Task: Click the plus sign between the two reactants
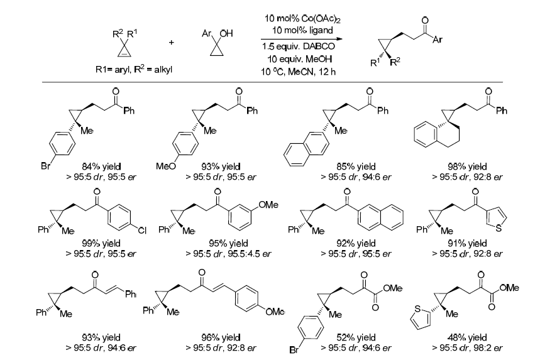[x=171, y=42]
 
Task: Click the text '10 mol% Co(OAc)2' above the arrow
[x=302, y=19]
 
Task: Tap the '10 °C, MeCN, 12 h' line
[x=298, y=72]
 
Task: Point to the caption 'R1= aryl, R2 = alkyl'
[x=134, y=70]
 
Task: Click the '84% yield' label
[x=101, y=166]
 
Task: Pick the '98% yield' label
[x=467, y=166]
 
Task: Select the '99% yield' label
[x=101, y=243]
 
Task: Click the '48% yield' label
[x=467, y=337]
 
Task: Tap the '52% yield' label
[x=356, y=337]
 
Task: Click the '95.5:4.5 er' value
[x=250, y=254]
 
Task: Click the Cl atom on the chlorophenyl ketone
[x=142, y=230]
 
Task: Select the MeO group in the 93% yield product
[x=166, y=166]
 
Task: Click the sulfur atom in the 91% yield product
[x=499, y=228]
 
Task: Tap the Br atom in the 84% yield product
[x=45, y=166]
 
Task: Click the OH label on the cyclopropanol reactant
[x=226, y=33]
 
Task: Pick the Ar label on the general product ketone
[x=438, y=40]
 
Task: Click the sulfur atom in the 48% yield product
[x=417, y=308]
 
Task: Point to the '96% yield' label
[x=221, y=337]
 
